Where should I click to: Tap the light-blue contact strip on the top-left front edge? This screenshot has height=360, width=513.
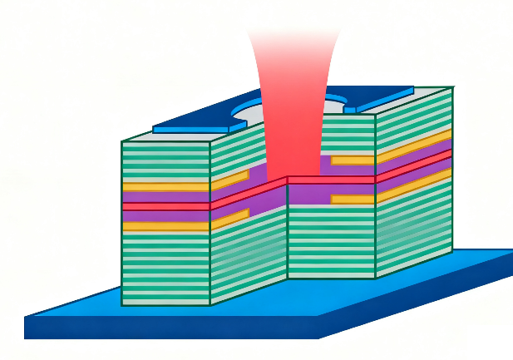(x=191, y=130)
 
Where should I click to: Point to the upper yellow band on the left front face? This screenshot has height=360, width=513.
(x=165, y=187)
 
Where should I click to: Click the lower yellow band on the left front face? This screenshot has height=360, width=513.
(x=165, y=226)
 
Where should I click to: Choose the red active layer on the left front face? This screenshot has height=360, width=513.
(x=165, y=205)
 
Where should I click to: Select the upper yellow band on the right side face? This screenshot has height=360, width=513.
(x=414, y=145)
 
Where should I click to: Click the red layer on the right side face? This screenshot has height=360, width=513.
(x=414, y=165)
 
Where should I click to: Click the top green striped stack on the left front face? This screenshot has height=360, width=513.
(x=165, y=160)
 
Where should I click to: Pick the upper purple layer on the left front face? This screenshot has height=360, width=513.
(x=165, y=197)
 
